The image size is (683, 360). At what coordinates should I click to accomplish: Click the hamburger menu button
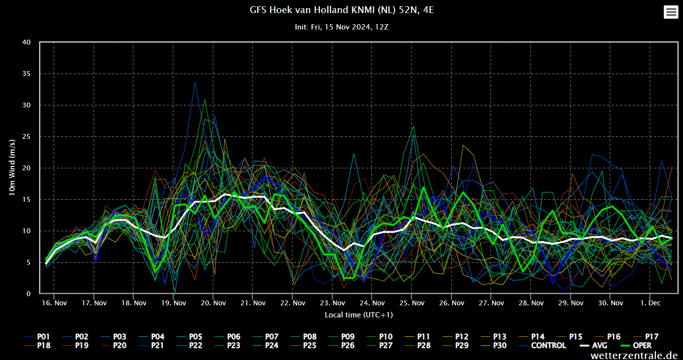(671, 12)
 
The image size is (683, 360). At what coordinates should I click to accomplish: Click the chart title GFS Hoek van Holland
(341, 10)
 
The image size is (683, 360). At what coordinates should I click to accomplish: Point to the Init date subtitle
(341, 27)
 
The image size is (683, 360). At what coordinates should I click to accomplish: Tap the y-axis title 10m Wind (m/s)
(13, 167)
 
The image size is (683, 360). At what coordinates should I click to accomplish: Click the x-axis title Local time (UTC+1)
(359, 315)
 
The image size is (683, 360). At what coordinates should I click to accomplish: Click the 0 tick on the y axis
(29, 294)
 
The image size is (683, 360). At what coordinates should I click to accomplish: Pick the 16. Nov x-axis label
(54, 303)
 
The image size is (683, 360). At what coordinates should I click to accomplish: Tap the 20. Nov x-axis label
(213, 303)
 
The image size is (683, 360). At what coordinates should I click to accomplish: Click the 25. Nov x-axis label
(411, 303)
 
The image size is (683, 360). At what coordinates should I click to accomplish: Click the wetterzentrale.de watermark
(634, 355)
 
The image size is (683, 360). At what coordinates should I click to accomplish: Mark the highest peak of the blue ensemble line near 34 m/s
(195, 82)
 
